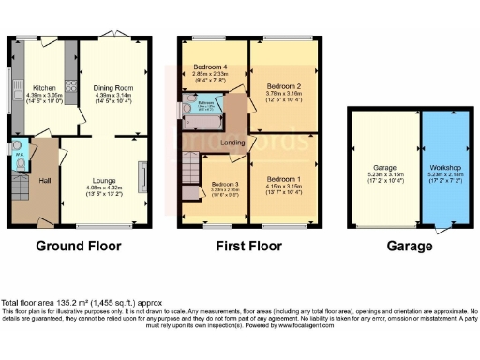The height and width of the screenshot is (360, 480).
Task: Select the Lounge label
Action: coord(104,178)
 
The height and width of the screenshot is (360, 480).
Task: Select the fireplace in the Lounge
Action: coord(142,176)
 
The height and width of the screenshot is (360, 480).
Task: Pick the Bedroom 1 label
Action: coord(284,177)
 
